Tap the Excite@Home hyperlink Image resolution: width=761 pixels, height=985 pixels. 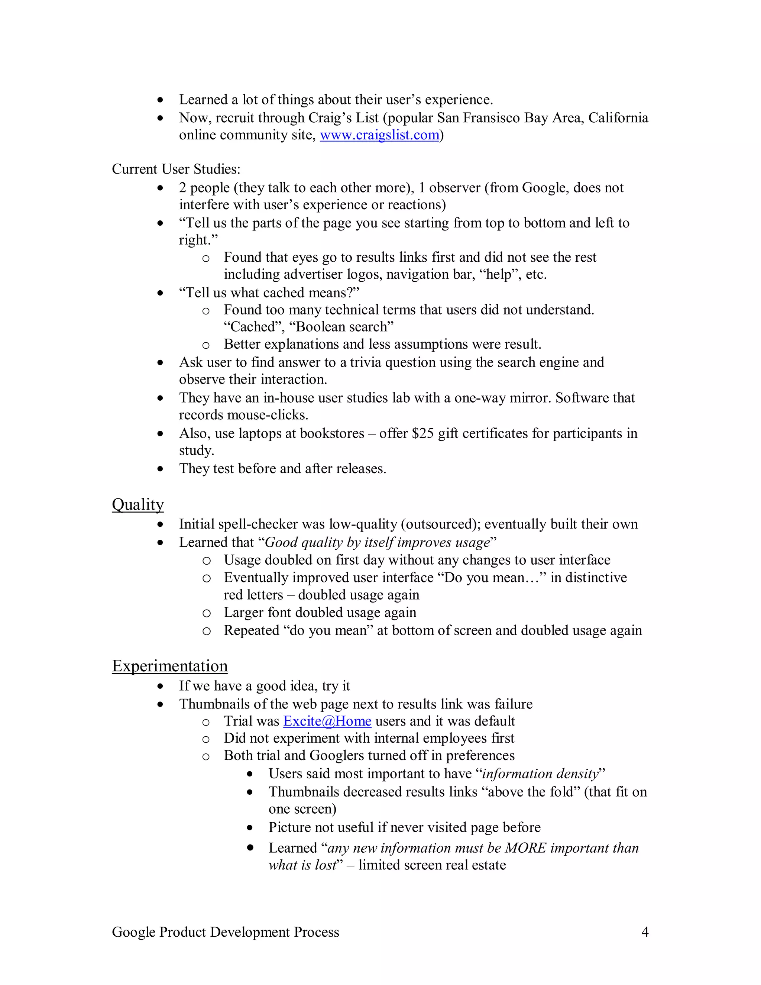pos(327,721)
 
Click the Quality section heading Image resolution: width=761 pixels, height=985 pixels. pos(137,504)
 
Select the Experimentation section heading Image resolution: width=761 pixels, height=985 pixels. pos(169,666)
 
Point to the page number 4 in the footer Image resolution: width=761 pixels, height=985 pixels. pos(645,932)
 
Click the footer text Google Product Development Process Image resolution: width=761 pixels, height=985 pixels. pos(226,932)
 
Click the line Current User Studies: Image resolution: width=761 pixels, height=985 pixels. pos(176,169)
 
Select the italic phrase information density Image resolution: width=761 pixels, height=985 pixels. pos(540,774)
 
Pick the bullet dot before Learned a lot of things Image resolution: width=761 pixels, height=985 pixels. pos(160,100)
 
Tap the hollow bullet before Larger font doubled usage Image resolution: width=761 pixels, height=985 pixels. pos(206,613)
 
